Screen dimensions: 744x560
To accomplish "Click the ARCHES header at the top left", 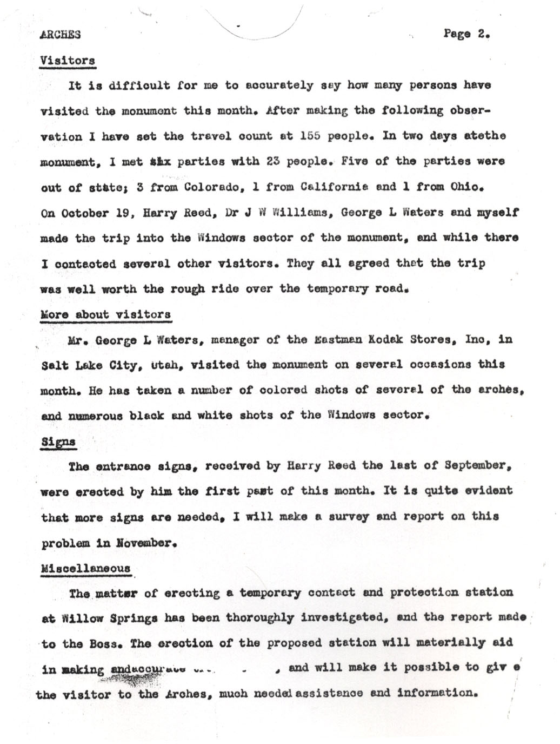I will pyautogui.click(x=60, y=35).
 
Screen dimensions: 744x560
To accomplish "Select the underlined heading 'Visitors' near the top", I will pyautogui.click(x=68, y=60).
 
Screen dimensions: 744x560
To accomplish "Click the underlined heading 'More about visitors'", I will pyautogui.click(x=105, y=314).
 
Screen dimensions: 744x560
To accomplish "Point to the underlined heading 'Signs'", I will pyautogui.click(x=58, y=441).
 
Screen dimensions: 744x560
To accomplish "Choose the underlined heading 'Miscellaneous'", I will pyautogui.click(x=85, y=568).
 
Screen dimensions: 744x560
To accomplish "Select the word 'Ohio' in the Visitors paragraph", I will pyautogui.click(x=464, y=187).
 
